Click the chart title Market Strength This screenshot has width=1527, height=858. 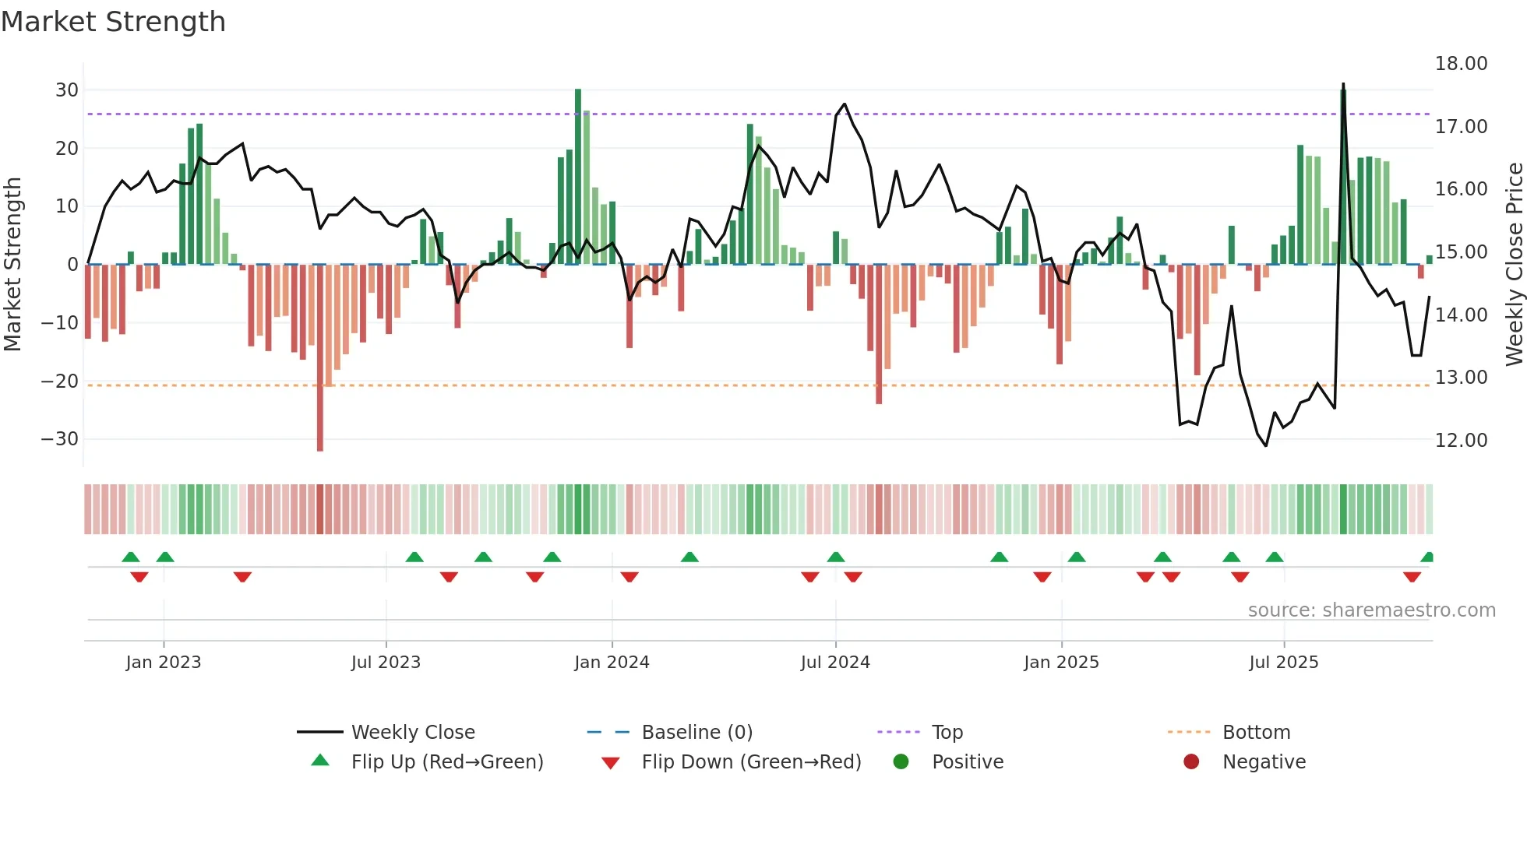tap(113, 22)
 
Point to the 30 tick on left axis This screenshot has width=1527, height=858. tap(67, 90)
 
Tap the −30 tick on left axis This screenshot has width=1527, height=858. tap(60, 439)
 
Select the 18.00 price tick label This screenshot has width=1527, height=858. tap(1461, 64)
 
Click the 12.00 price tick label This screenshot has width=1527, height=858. tap(1461, 441)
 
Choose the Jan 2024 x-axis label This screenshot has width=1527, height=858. tap(612, 663)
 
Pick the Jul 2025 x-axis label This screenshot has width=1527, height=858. tap(1283, 663)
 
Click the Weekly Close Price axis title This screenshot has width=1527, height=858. tap(1514, 265)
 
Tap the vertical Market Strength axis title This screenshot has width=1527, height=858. tap(13, 265)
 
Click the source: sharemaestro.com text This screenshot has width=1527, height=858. tap(1371, 610)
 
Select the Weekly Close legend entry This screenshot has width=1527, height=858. tap(413, 733)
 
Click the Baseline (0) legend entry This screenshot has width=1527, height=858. tap(696, 733)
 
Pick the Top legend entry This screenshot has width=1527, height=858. tap(947, 733)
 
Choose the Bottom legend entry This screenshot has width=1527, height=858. tap(1256, 733)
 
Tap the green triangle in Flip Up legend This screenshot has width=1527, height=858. tap(320, 761)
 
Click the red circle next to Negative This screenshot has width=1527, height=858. tap(1191, 761)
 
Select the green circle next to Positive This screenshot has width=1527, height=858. tap(901, 761)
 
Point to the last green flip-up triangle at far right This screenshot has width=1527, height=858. tap(1427, 557)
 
